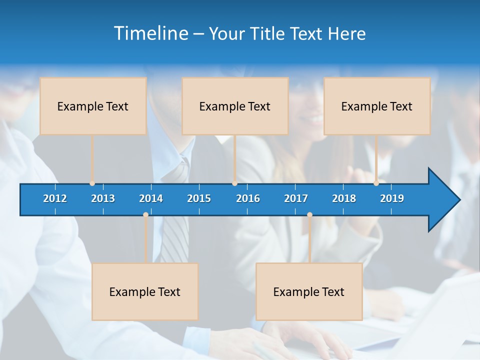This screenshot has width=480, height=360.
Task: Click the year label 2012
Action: coord(55,198)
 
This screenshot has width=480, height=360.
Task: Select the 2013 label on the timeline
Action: coord(103,198)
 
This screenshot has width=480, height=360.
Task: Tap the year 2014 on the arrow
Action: coord(151,198)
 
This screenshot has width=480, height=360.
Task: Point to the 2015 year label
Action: coord(199,198)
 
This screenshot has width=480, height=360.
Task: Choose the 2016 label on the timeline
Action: coord(248,198)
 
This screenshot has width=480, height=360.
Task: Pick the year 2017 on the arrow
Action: coord(296,198)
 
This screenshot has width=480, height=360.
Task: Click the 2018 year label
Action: coord(344,198)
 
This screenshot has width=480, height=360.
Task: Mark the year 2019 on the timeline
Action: coord(392,198)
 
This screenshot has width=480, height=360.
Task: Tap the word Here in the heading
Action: coord(347,34)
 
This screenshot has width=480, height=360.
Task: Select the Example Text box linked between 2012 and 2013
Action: coord(93,106)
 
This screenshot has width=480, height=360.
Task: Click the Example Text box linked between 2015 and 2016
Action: coord(235,106)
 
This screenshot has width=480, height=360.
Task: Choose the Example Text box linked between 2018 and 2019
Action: coord(377,106)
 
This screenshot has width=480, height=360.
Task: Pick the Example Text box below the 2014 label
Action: coord(145,291)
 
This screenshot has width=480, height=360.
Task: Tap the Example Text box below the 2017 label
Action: coord(309,291)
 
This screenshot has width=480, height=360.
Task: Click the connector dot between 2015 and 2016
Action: coord(235,183)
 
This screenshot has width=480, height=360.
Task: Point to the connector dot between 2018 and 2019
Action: coord(376,183)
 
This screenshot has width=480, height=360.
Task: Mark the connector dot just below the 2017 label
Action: coord(309,215)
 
